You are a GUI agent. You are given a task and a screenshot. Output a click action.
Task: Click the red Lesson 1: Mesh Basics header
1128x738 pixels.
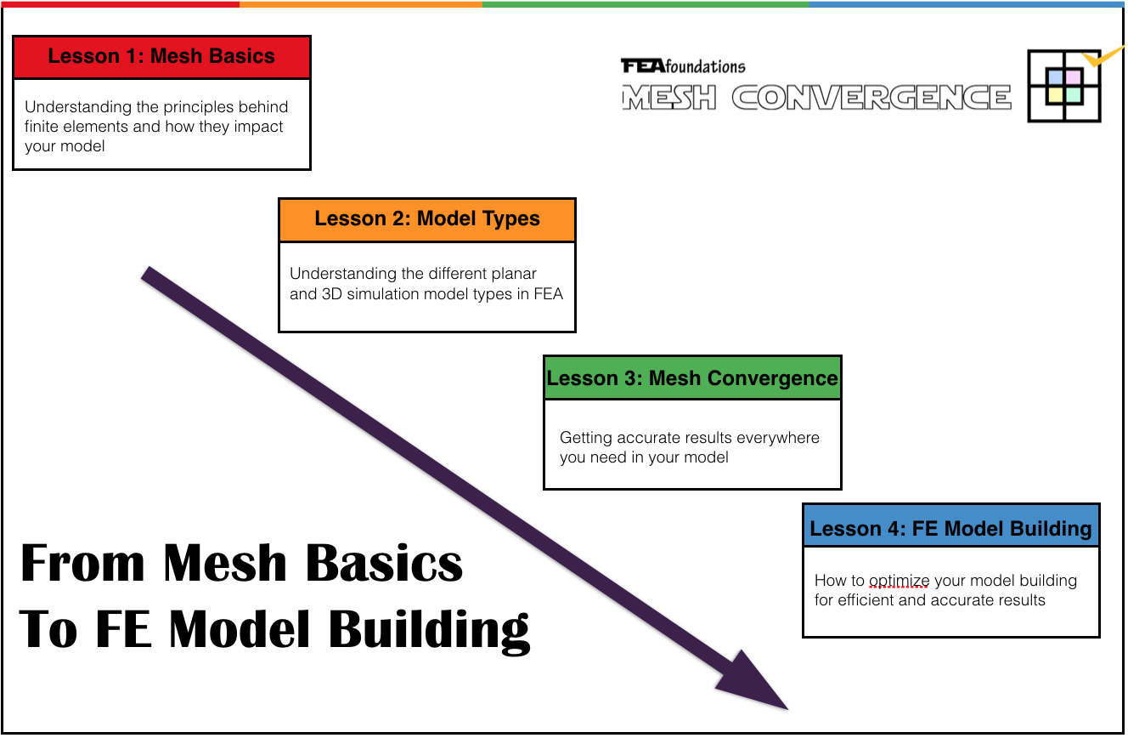tap(161, 57)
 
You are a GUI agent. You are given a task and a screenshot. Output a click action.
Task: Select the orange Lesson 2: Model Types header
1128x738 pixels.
tap(427, 219)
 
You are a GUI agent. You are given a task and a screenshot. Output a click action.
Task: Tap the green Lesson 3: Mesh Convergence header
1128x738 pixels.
tap(692, 378)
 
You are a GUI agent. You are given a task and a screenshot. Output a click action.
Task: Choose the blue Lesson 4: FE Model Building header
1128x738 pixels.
tap(950, 529)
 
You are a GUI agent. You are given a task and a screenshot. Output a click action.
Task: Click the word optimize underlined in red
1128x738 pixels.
tap(900, 581)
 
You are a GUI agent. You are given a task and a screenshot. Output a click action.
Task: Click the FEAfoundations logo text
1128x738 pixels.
tap(683, 66)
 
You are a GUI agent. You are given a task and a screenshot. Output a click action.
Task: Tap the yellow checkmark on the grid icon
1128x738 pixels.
tap(1091, 60)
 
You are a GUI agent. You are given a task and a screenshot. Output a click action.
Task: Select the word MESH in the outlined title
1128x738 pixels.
tap(669, 98)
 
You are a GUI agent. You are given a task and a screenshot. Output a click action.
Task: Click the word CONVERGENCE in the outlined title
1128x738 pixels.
tap(871, 98)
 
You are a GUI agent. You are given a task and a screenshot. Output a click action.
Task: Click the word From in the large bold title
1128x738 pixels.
tap(83, 564)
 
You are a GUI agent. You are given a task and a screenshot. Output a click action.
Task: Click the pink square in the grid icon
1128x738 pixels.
tap(1072, 77)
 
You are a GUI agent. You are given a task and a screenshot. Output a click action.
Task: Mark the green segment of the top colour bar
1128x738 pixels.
tap(646, 3)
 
